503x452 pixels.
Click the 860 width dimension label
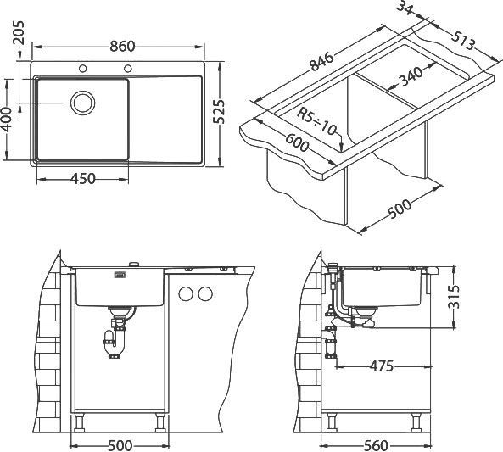click(x=122, y=46)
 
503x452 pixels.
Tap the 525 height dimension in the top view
click(x=220, y=111)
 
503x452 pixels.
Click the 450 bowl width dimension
click(x=83, y=179)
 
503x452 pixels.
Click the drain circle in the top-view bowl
click(x=83, y=103)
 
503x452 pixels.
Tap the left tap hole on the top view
click(x=83, y=69)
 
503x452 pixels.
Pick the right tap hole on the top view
click(x=128, y=69)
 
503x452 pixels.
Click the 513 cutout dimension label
click(x=463, y=41)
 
